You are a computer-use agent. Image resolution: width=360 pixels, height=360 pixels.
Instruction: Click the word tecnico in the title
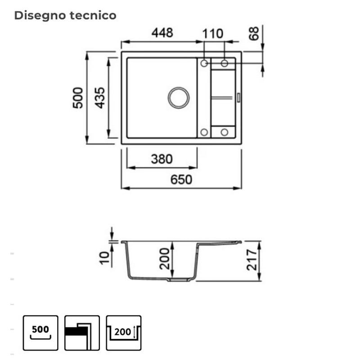tap(93, 15)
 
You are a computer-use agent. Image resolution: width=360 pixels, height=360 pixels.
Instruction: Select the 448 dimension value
tap(162, 33)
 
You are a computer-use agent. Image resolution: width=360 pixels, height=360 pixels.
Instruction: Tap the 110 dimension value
tap(212, 34)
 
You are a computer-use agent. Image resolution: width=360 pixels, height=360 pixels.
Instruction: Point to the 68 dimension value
tap(254, 33)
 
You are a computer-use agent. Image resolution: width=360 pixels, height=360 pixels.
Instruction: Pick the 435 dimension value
tap(100, 98)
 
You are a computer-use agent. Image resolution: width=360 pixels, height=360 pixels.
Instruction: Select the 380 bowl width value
tap(162, 159)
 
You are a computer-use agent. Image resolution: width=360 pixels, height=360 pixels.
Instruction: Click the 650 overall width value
tap(181, 180)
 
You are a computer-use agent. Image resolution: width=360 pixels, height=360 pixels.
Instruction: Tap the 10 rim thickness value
tap(104, 258)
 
